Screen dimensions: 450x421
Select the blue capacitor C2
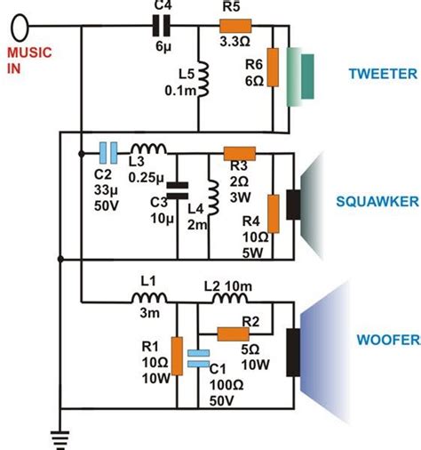click(x=107, y=152)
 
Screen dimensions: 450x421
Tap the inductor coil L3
click(x=145, y=151)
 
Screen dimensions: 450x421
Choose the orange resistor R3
click(x=239, y=153)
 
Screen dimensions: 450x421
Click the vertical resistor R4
click(x=274, y=208)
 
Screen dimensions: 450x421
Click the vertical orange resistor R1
click(x=178, y=355)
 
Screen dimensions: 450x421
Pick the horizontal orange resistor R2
click(x=234, y=334)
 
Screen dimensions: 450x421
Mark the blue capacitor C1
click(x=203, y=357)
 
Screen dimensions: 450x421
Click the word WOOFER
click(x=383, y=340)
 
